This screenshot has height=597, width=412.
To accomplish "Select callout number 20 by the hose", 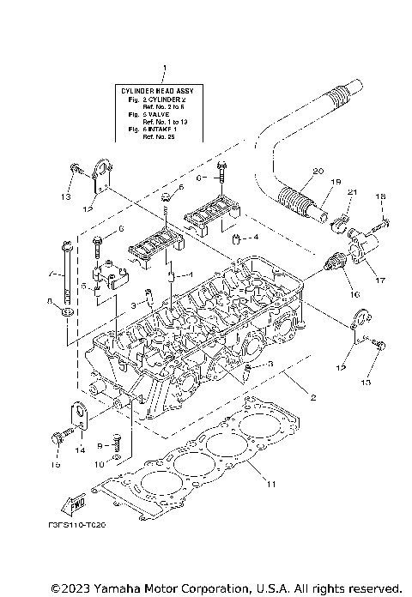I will (x=318, y=172).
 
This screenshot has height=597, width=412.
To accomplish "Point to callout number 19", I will (x=336, y=182).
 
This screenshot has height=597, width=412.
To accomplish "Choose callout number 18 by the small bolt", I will (x=380, y=197).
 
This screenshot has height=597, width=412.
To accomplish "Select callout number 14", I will (x=81, y=449).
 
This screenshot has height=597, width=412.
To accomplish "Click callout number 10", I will (x=100, y=464).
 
